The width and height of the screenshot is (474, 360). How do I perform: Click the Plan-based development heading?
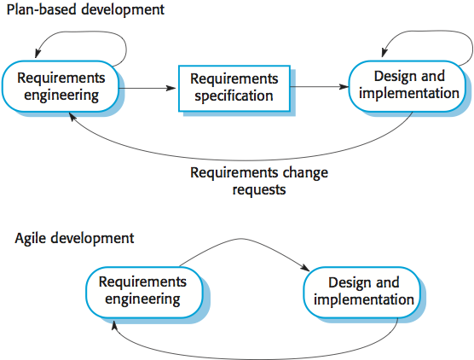pyautogui.click(x=85, y=9)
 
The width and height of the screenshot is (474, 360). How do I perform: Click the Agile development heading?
pyautogui.click(x=74, y=238)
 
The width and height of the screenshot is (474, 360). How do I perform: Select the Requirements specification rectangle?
pyautogui.click(x=234, y=89)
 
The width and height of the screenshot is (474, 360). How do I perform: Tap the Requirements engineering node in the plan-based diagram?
pyautogui.click(x=61, y=86)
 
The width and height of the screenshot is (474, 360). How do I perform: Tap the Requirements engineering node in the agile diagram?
pyautogui.click(x=144, y=293)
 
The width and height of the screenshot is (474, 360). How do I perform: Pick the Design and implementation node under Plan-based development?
pyautogui.click(x=407, y=86)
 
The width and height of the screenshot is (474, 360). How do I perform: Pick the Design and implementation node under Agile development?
pyautogui.click(x=361, y=293)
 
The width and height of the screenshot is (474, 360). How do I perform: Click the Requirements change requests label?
pyautogui.click(x=259, y=181)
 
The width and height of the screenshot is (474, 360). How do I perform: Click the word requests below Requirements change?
pyautogui.click(x=259, y=190)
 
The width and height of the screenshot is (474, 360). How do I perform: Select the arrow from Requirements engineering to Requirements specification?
pyautogui.click(x=147, y=89)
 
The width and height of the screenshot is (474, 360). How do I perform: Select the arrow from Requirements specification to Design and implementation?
pyautogui.click(x=320, y=87)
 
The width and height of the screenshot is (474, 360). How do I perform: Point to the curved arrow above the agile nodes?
pyautogui.click(x=242, y=239)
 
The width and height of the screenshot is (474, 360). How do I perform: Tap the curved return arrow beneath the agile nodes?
pyautogui.click(x=257, y=359)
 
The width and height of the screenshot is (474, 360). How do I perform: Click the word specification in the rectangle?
pyautogui.click(x=234, y=96)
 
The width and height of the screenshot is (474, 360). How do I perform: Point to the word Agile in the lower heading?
pyautogui.click(x=30, y=239)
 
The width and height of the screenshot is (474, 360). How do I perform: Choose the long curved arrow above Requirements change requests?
pyautogui.click(x=242, y=160)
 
